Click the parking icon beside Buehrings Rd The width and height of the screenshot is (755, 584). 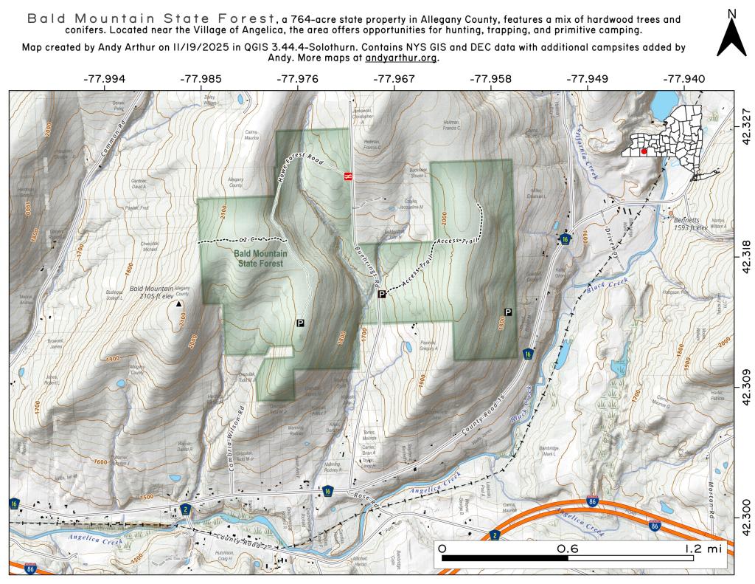pos(382,295)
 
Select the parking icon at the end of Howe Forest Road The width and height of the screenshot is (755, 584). pos(300,323)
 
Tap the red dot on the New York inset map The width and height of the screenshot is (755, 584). pos(644,151)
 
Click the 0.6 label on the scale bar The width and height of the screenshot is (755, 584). pos(567,549)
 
